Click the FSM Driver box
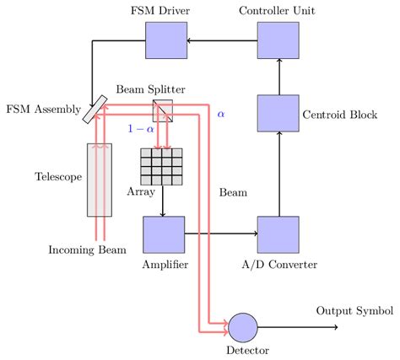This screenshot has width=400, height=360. click(165, 40)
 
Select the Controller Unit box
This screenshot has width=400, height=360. click(278, 40)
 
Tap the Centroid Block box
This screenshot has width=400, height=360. click(278, 113)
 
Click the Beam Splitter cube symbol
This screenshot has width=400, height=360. click(163, 110)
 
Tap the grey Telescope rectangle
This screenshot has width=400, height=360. click(100, 180)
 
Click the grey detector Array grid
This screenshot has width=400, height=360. click(162, 167)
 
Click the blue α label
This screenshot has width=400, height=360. click(221, 113)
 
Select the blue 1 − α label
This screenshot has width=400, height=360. click(141, 129)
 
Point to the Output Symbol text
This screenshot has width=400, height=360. click(354, 311)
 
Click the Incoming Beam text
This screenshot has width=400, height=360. click(87, 250)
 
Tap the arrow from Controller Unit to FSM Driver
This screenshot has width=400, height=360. click(221, 40)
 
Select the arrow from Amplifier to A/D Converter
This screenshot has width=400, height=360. click(220, 233)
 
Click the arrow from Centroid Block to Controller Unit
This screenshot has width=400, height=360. click(278, 77)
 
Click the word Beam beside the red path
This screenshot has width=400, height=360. click(234, 192)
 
